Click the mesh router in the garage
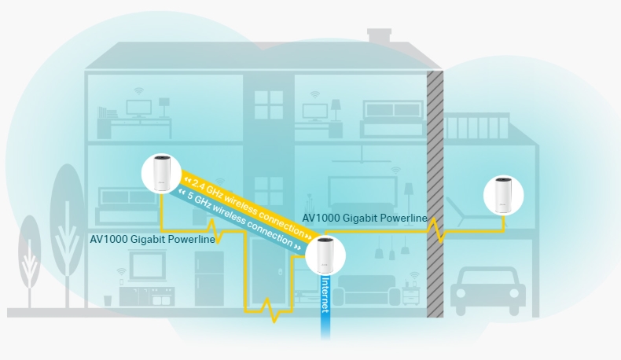pyautogui.click(x=503, y=196)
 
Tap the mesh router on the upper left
pyautogui.click(x=161, y=175)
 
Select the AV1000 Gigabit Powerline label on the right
pyautogui.click(x=365, y=218)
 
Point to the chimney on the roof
pyautogui.click(x=380, y=36)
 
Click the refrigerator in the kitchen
pyautogui.click(x=209, y=278)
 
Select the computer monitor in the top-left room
pyautogui.click(x=140, y=108)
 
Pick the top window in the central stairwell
pyautogui.click(x=268, y=105)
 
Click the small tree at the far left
pyautogui.click(x=30, y=259)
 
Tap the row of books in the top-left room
pyautogui.click(x=107, y=113)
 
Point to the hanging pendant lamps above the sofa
pyautogui.click(x=391, y=249)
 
